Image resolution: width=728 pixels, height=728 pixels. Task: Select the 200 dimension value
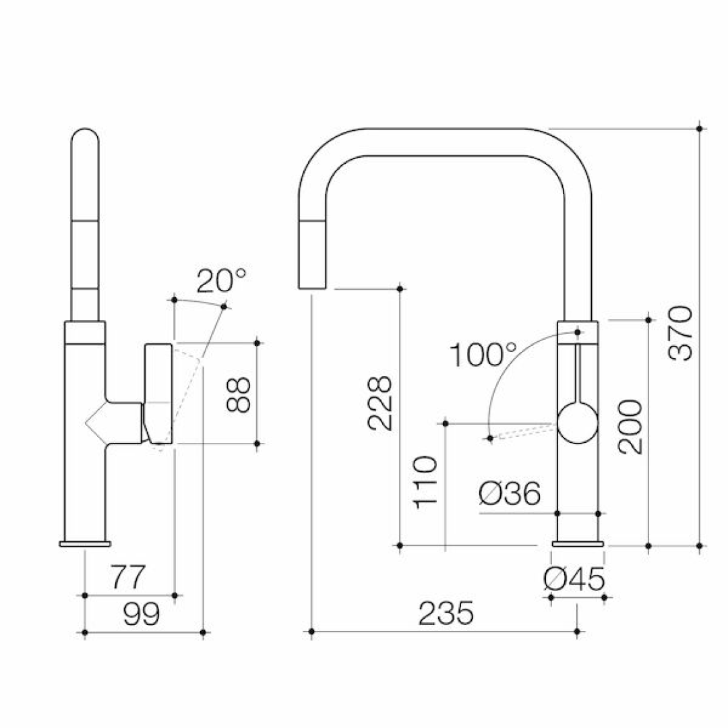[630, 427]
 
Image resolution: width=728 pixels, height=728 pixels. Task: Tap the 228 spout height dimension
[380, 403]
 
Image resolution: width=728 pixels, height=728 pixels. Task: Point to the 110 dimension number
[425, 483]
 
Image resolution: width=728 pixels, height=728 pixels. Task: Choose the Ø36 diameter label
[510, 493]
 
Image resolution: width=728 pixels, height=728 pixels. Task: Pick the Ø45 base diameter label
[575, 579]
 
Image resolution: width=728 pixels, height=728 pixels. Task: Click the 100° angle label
[483, 355]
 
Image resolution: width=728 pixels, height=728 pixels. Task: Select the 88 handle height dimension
[239, 394]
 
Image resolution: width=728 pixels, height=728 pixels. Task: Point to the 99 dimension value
[142, 613]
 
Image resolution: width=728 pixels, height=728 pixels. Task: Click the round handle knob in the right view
[578, 423]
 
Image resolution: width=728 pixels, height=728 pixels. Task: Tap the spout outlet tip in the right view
[312, 287]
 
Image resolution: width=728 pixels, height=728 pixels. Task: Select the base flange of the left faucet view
[85, 544]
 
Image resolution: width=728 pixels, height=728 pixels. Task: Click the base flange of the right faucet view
[578, 544]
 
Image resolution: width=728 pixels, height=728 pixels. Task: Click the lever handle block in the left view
[158, 393]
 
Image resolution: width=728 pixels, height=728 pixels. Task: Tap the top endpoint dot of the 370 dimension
[700, 128]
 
